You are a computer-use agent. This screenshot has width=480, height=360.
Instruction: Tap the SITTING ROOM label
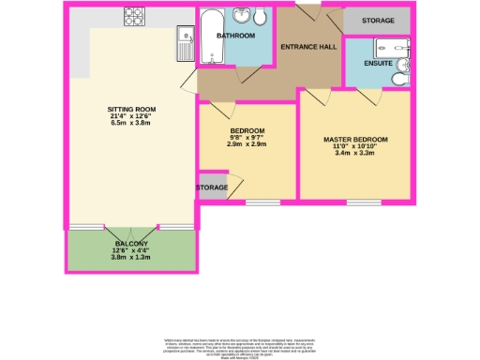[x=131, y=110]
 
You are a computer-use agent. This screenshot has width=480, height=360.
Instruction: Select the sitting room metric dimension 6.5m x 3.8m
[x=131, y=124]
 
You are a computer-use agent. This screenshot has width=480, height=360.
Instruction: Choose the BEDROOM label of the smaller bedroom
[x=247, y=130]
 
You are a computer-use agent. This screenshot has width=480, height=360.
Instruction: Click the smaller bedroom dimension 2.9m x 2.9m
[x=247, y=145]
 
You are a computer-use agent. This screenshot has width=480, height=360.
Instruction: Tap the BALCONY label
[x=130, y=244]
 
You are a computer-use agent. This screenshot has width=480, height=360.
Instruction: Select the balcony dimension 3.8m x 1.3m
[x=130, y=258]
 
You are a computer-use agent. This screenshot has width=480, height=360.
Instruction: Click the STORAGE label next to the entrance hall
[x=378, y=20]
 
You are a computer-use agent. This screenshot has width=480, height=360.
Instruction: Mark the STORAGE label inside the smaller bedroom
[x=212, y=187]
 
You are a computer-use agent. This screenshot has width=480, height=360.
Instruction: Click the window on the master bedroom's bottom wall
[x=364, y=202]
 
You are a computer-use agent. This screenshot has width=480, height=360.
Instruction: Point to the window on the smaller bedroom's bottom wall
[x=263, y=202]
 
